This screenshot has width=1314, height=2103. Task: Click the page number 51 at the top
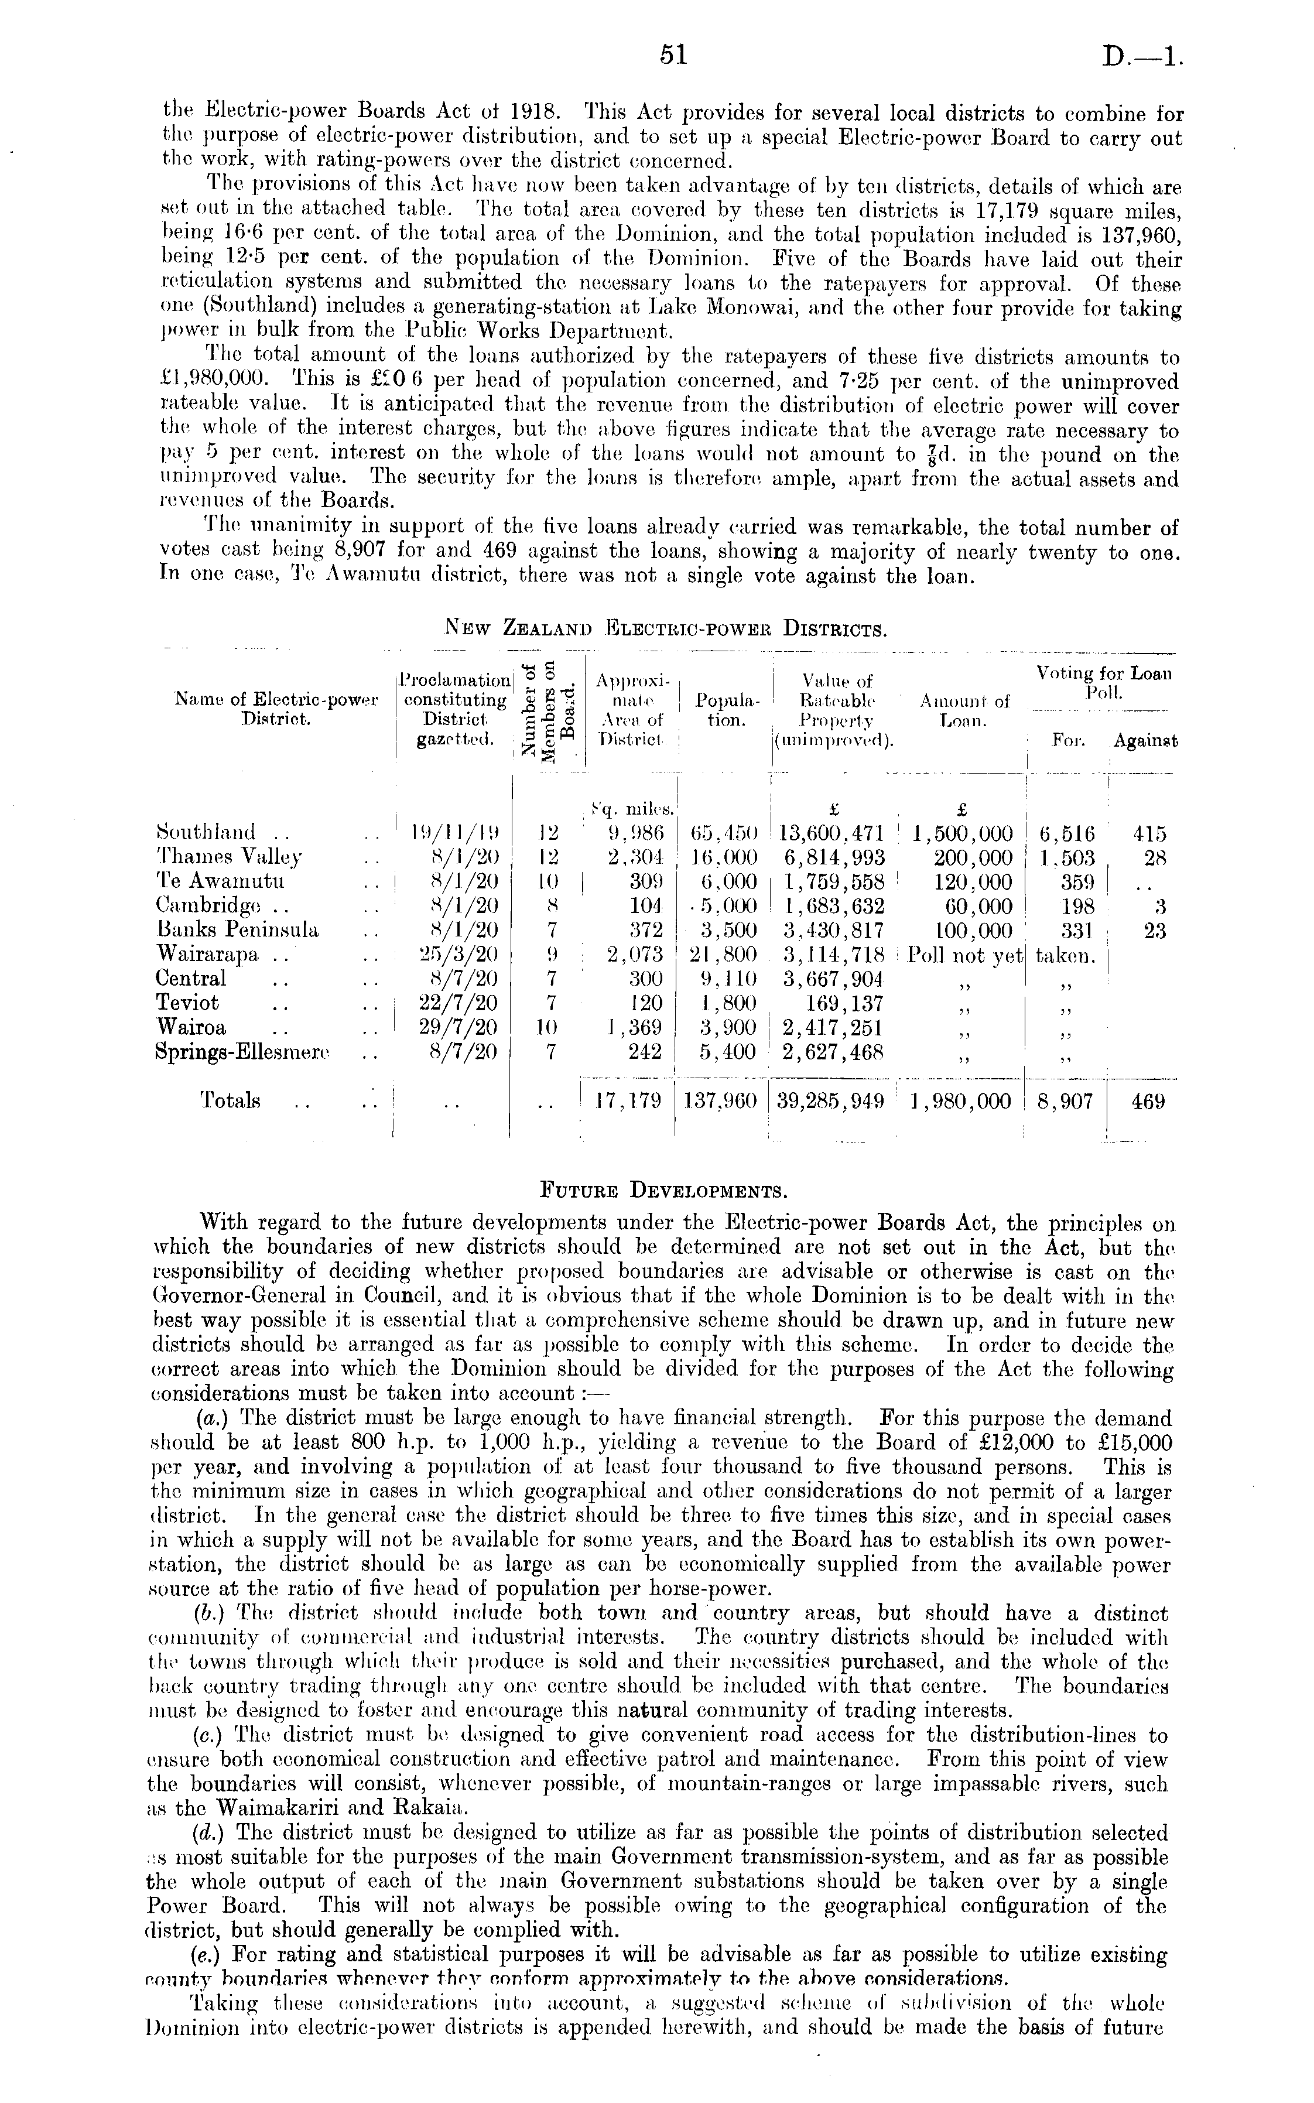(x=673, y=56)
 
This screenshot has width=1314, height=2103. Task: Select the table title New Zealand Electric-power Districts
(x=666, y=627)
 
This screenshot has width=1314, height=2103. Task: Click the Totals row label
(x=230, y=1100)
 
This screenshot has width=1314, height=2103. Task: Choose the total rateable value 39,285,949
(x=831, y=1101)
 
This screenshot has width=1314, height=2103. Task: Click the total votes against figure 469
(x=1148, y=1101)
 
